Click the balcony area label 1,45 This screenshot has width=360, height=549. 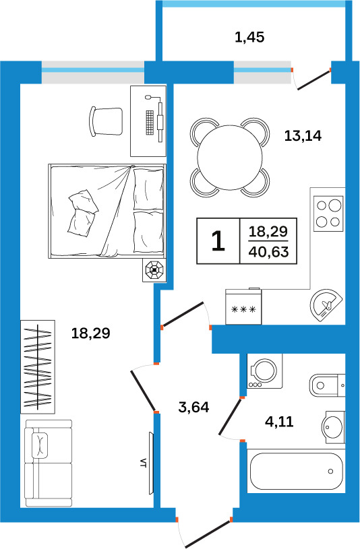coord(249,37)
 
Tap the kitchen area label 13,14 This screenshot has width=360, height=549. coord(303,135)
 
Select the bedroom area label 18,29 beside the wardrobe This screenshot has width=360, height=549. coord(91,333)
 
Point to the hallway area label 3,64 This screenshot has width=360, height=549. coord(194,407)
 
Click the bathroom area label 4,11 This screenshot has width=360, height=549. coord(279,422)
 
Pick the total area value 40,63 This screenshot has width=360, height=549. coord(268,252)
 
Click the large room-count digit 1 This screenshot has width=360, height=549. coord(218,241)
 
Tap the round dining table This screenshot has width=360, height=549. coord(230,158)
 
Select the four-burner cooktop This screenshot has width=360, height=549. coord(328,214)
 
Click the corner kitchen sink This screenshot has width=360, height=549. coord(326,305)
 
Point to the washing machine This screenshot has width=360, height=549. coord(265,370)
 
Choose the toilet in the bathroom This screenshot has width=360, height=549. coord(328,385)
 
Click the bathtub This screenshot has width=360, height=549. coord(296,472)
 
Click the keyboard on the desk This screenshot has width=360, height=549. coord(150,123)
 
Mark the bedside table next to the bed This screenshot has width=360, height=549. coord(154,270)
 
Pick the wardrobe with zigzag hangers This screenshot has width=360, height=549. coord(38,366)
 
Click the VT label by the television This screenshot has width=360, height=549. coord(143,463)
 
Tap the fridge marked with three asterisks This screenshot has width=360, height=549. coord(243,306)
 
